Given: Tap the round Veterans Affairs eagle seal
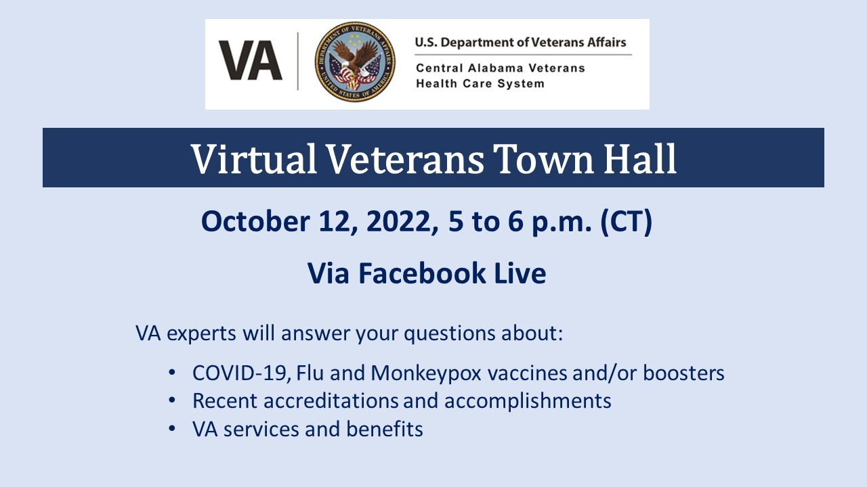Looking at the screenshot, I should coord(355,62).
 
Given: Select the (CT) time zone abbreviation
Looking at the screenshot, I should coord(626,222).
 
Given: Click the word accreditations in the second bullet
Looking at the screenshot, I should coord(331,400).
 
